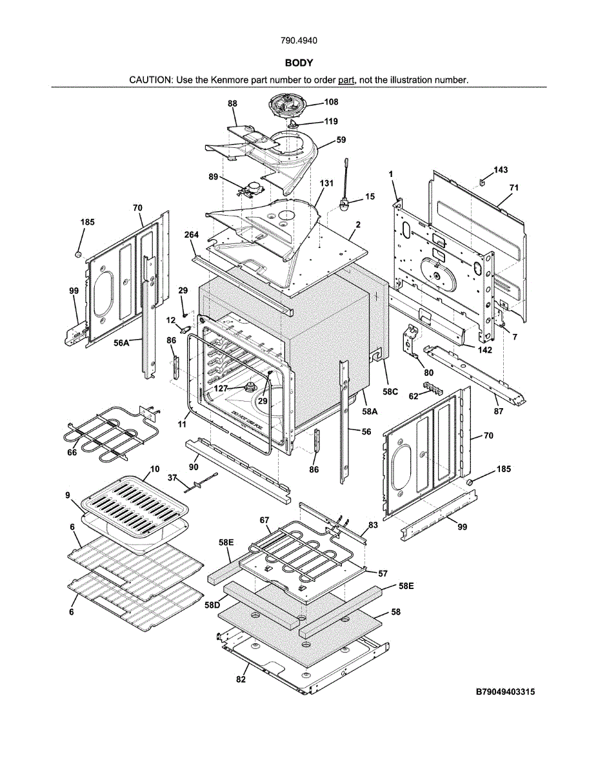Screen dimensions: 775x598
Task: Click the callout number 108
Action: (331, 102)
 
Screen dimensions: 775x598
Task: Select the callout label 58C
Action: (390, 392)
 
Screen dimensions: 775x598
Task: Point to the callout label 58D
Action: (212, 605)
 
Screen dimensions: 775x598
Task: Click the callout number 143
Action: (501, 170)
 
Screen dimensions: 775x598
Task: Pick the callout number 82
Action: (241, 679)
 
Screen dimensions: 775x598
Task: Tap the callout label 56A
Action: (121, 344)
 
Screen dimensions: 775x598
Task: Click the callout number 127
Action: (222, 388)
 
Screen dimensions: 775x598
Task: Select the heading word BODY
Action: (299, 63)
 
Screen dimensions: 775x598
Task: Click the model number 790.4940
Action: (299, 41)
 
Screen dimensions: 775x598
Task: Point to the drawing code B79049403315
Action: (505, 692)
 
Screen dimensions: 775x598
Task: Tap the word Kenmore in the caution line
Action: (224, 80)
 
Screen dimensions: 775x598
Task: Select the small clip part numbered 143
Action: (483, 181)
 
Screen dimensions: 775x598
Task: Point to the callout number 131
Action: (326, 183)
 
